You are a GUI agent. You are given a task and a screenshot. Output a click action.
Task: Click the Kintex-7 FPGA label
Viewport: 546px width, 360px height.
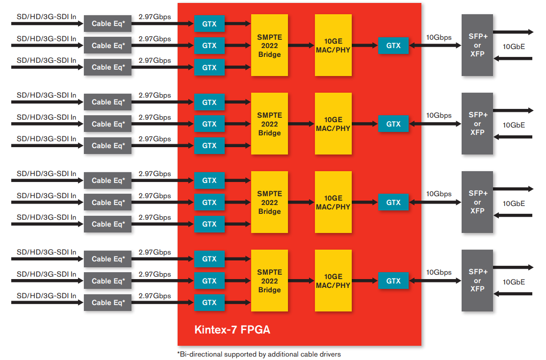click(232, 330)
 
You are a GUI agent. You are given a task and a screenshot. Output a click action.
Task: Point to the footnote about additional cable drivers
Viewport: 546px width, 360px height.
click(259, 354)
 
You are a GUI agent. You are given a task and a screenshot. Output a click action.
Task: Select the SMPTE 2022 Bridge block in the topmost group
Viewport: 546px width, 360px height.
click(269, 45)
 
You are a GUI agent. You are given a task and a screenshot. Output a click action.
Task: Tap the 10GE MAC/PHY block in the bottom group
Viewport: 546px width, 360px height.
click(333, 281)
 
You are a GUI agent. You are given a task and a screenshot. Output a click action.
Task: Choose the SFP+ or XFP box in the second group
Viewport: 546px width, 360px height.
click(477, 124)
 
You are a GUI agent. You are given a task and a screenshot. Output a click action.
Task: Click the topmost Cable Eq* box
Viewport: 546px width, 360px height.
click(108, 24)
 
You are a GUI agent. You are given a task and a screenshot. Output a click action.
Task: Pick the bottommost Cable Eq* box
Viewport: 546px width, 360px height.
click(108, 303)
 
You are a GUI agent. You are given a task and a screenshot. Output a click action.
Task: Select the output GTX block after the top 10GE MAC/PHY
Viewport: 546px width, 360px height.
click(393, 46)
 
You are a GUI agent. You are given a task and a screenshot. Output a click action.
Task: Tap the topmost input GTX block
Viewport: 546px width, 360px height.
click(209, 24)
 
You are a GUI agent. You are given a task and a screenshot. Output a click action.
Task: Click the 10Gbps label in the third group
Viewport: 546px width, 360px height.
click(439, 194)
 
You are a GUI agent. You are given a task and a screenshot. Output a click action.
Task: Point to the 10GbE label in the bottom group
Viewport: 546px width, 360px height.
click(514, 282)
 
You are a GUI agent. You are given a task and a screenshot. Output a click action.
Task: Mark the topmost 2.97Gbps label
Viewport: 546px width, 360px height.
click(155, 17)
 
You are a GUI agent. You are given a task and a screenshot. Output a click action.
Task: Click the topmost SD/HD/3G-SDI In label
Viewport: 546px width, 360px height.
click(47, 17)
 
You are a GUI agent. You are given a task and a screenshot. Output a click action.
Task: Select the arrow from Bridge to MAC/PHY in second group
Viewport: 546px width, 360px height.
click(301, 124)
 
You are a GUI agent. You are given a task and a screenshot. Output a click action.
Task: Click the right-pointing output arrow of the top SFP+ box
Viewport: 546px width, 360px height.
click(513, 32)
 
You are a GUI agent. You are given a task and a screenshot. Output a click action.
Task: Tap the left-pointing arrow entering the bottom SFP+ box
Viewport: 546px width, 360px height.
click(513, 294)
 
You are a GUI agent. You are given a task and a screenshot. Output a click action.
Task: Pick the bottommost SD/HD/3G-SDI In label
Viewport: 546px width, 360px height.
click(47, 296)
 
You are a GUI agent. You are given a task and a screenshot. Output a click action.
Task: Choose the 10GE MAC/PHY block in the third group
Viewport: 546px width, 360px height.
click(333, 202)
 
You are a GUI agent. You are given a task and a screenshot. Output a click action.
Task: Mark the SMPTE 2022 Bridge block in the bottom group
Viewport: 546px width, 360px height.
click(269, 281)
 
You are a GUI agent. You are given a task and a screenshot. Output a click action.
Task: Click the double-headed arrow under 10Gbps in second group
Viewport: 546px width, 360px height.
click(435, 124)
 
